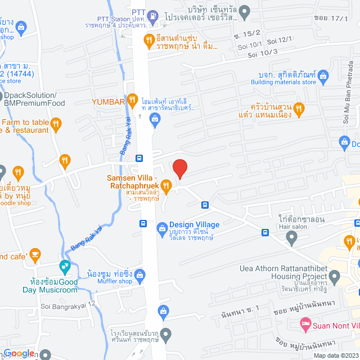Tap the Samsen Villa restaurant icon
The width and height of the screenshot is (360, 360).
pos(166,185)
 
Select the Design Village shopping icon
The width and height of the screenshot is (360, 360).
pos(162,228)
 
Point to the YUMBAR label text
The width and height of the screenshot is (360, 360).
pos(107,102)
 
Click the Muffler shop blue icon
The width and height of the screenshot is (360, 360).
pos(141,275)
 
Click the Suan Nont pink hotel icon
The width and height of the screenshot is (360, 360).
pos(305,339)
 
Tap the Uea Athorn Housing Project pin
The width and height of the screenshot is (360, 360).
pos(335,276)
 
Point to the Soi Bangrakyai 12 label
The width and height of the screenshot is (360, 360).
pos(67,306)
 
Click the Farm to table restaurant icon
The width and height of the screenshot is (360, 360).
pos(56,123)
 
